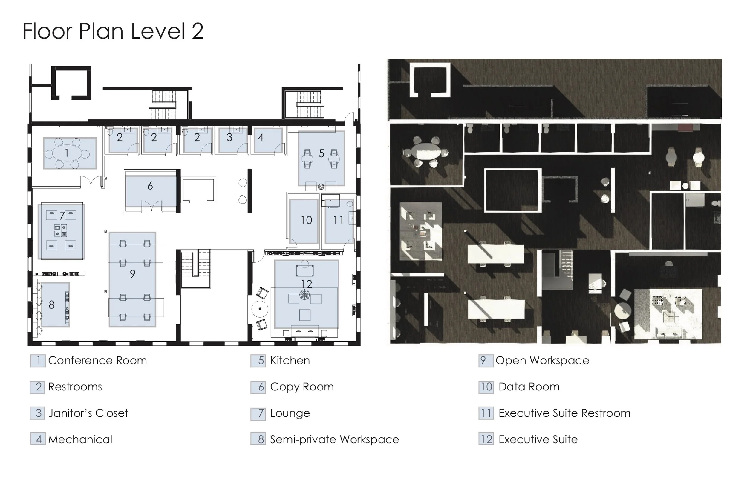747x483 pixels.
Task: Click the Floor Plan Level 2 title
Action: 113,31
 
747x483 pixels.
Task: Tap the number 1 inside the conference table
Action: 67,153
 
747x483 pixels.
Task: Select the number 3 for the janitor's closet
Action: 229,137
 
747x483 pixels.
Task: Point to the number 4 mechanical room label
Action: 261,137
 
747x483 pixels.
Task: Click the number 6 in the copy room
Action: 150,186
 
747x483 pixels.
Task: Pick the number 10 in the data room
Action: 306,220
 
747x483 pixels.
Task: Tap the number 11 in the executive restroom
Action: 338,220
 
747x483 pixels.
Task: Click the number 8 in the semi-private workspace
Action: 51,304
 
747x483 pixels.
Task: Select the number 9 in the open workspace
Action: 132,274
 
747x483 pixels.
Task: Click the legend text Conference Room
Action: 97,360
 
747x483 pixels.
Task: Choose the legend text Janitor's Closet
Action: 88,413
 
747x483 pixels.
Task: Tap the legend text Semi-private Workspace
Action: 334,439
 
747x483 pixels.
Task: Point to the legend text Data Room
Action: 529,387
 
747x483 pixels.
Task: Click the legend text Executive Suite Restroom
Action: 564,413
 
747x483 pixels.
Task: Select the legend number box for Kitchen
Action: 258,361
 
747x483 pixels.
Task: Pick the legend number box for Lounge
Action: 258,414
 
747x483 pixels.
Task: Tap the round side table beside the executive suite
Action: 260,309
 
